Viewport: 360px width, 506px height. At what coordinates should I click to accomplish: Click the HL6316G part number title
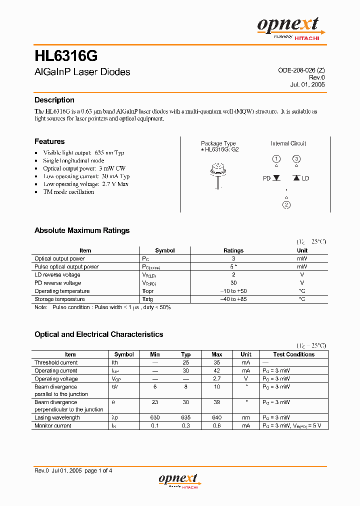pyautogui.click(x=62, y=54)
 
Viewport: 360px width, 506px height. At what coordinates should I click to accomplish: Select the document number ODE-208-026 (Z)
pyautogui.click(x=301, y=70)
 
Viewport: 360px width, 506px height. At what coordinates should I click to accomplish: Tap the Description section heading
pyautogui.click(x=54, y=100)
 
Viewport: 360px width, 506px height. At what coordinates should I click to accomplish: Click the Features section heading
pyautogui.click(x=49, y=141)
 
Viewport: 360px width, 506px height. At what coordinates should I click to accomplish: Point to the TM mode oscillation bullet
pyautogui.click(x=68, y=192)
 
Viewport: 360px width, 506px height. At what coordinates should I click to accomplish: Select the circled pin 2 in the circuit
pyautogui.click(x=286, y=204)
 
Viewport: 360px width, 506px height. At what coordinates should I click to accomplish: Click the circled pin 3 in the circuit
pyautogui.click(x=296, y=159)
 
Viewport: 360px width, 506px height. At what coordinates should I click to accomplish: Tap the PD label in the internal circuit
pyautogui.click(x=266, y=178)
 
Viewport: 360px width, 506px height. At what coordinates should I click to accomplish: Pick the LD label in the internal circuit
pyautogui.click(x=305, y=178)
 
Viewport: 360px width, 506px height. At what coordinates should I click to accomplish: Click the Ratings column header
pyautogui.click(x=233, y=250)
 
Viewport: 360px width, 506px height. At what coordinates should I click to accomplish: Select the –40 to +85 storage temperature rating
pyautogui.click(x=233, y=299)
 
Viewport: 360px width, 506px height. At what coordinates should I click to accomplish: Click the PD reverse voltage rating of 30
pyautogui.click(x=233, y=283)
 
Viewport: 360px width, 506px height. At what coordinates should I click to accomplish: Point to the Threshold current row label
pyautogui.click(x=56, y=362)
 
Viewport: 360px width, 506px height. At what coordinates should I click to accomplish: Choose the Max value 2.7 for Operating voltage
pyautogui.click(x=216, y=379)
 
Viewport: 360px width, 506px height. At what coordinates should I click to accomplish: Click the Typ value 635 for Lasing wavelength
pyautogui.click(x=186, y=417)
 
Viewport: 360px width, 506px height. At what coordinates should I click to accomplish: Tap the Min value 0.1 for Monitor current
pyautogui.click(x=155, y=425)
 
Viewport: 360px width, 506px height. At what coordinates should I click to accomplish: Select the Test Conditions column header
pyautogui.click(x=293, y=354)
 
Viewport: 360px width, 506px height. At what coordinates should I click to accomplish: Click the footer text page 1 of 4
pyautogui.click(x=98, y=470)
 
